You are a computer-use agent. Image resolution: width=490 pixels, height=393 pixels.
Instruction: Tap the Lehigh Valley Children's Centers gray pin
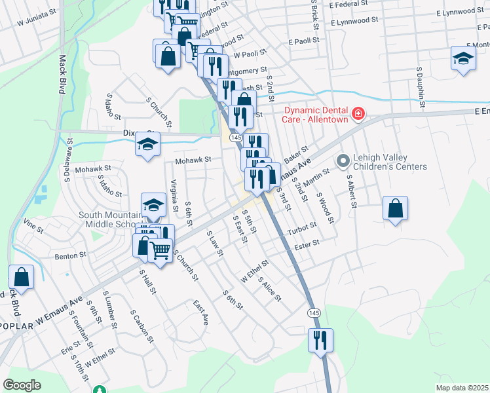click(x=342, y=160)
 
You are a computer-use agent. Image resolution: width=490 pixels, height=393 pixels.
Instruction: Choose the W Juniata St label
click(x=39, y=22)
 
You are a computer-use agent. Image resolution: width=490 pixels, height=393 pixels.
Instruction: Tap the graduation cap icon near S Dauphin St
click(x=463, y=58)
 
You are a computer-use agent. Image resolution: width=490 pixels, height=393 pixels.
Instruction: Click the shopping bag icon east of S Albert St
click(x=396, y=209)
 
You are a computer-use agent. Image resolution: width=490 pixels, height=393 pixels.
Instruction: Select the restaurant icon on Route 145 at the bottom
click(x=321, y=340)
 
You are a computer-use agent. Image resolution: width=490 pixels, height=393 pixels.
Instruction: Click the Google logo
click(x=22, y=385)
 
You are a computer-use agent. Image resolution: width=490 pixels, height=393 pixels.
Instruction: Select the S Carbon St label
click(x=141, y=327)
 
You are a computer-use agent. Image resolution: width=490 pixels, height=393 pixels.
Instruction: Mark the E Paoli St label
click(x=303, y=40)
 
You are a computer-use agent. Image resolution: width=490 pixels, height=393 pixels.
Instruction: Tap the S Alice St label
click(x=270, y=290)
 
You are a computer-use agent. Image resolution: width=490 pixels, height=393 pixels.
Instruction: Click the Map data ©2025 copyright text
click(x=462, y=388)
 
